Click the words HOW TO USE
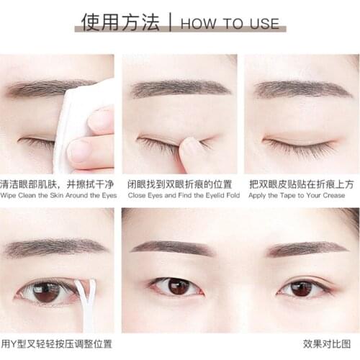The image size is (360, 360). pos(229,23)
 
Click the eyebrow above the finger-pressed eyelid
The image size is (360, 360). pos(179,88)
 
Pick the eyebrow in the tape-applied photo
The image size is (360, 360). pos(302,89)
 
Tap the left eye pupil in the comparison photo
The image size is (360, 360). pos(174,286)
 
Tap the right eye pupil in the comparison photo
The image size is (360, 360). pos(301,288)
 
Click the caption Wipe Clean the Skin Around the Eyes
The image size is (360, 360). pos(58,195)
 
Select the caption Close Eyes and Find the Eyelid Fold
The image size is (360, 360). pos(180,195)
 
